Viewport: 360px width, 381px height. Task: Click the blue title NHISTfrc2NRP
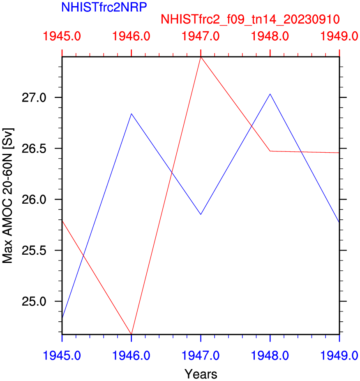(x=104, y=7)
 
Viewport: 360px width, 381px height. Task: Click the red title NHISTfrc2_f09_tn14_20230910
(x=250, y=19)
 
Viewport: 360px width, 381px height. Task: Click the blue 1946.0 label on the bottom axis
(x=131, y=355)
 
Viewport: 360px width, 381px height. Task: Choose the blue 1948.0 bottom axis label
(x=270, y=355)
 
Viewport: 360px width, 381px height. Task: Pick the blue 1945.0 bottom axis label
(x=62, y=355)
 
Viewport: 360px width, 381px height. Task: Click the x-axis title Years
(x=201, y=374)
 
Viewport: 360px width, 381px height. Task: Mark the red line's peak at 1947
(x=201, y=57)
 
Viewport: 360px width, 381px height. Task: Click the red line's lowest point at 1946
(x=131, y=334)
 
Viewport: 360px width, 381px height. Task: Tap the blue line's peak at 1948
(x=270, y=94)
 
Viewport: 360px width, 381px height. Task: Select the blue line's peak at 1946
(x=131, y=114)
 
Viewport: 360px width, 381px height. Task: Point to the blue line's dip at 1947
(x=201, y=214)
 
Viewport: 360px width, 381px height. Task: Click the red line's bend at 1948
(x=270, y=151)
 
